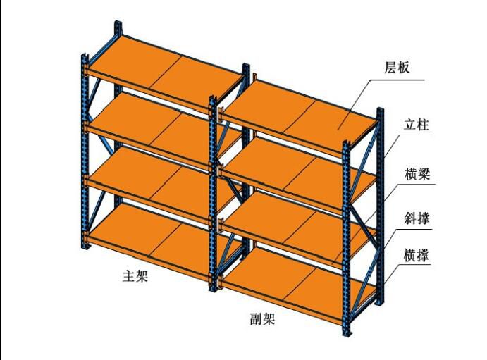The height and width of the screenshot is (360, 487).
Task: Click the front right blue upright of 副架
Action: pos(346,232)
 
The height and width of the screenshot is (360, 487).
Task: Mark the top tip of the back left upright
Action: pos(117,25)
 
